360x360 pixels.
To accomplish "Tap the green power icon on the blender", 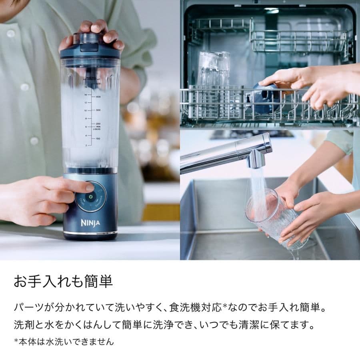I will pyautogui.click(x=90, y=197).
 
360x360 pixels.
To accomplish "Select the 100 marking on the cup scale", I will pyautogui.click(x=98, y=139).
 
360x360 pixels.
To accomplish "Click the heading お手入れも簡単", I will pyautogui.click(x=63, y=282).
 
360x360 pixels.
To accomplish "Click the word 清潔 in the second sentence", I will pyautogui.click(x=259, y=324).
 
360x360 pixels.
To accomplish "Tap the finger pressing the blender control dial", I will pyautogui.click(x=84, y=186).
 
